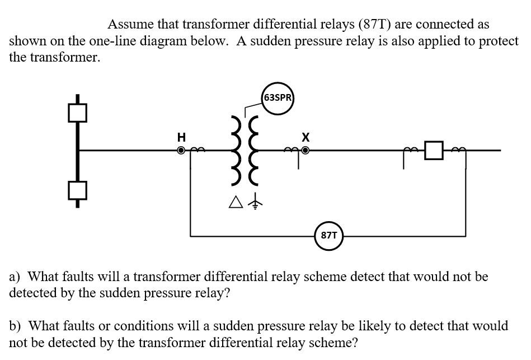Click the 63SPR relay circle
(x=278, y=98)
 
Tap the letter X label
(x=305, y=137)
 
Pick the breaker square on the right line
(x=433, y=151)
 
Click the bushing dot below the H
(x=181, y=151)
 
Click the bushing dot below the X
(x=306, y=151)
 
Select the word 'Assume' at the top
(x=127, y=25)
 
